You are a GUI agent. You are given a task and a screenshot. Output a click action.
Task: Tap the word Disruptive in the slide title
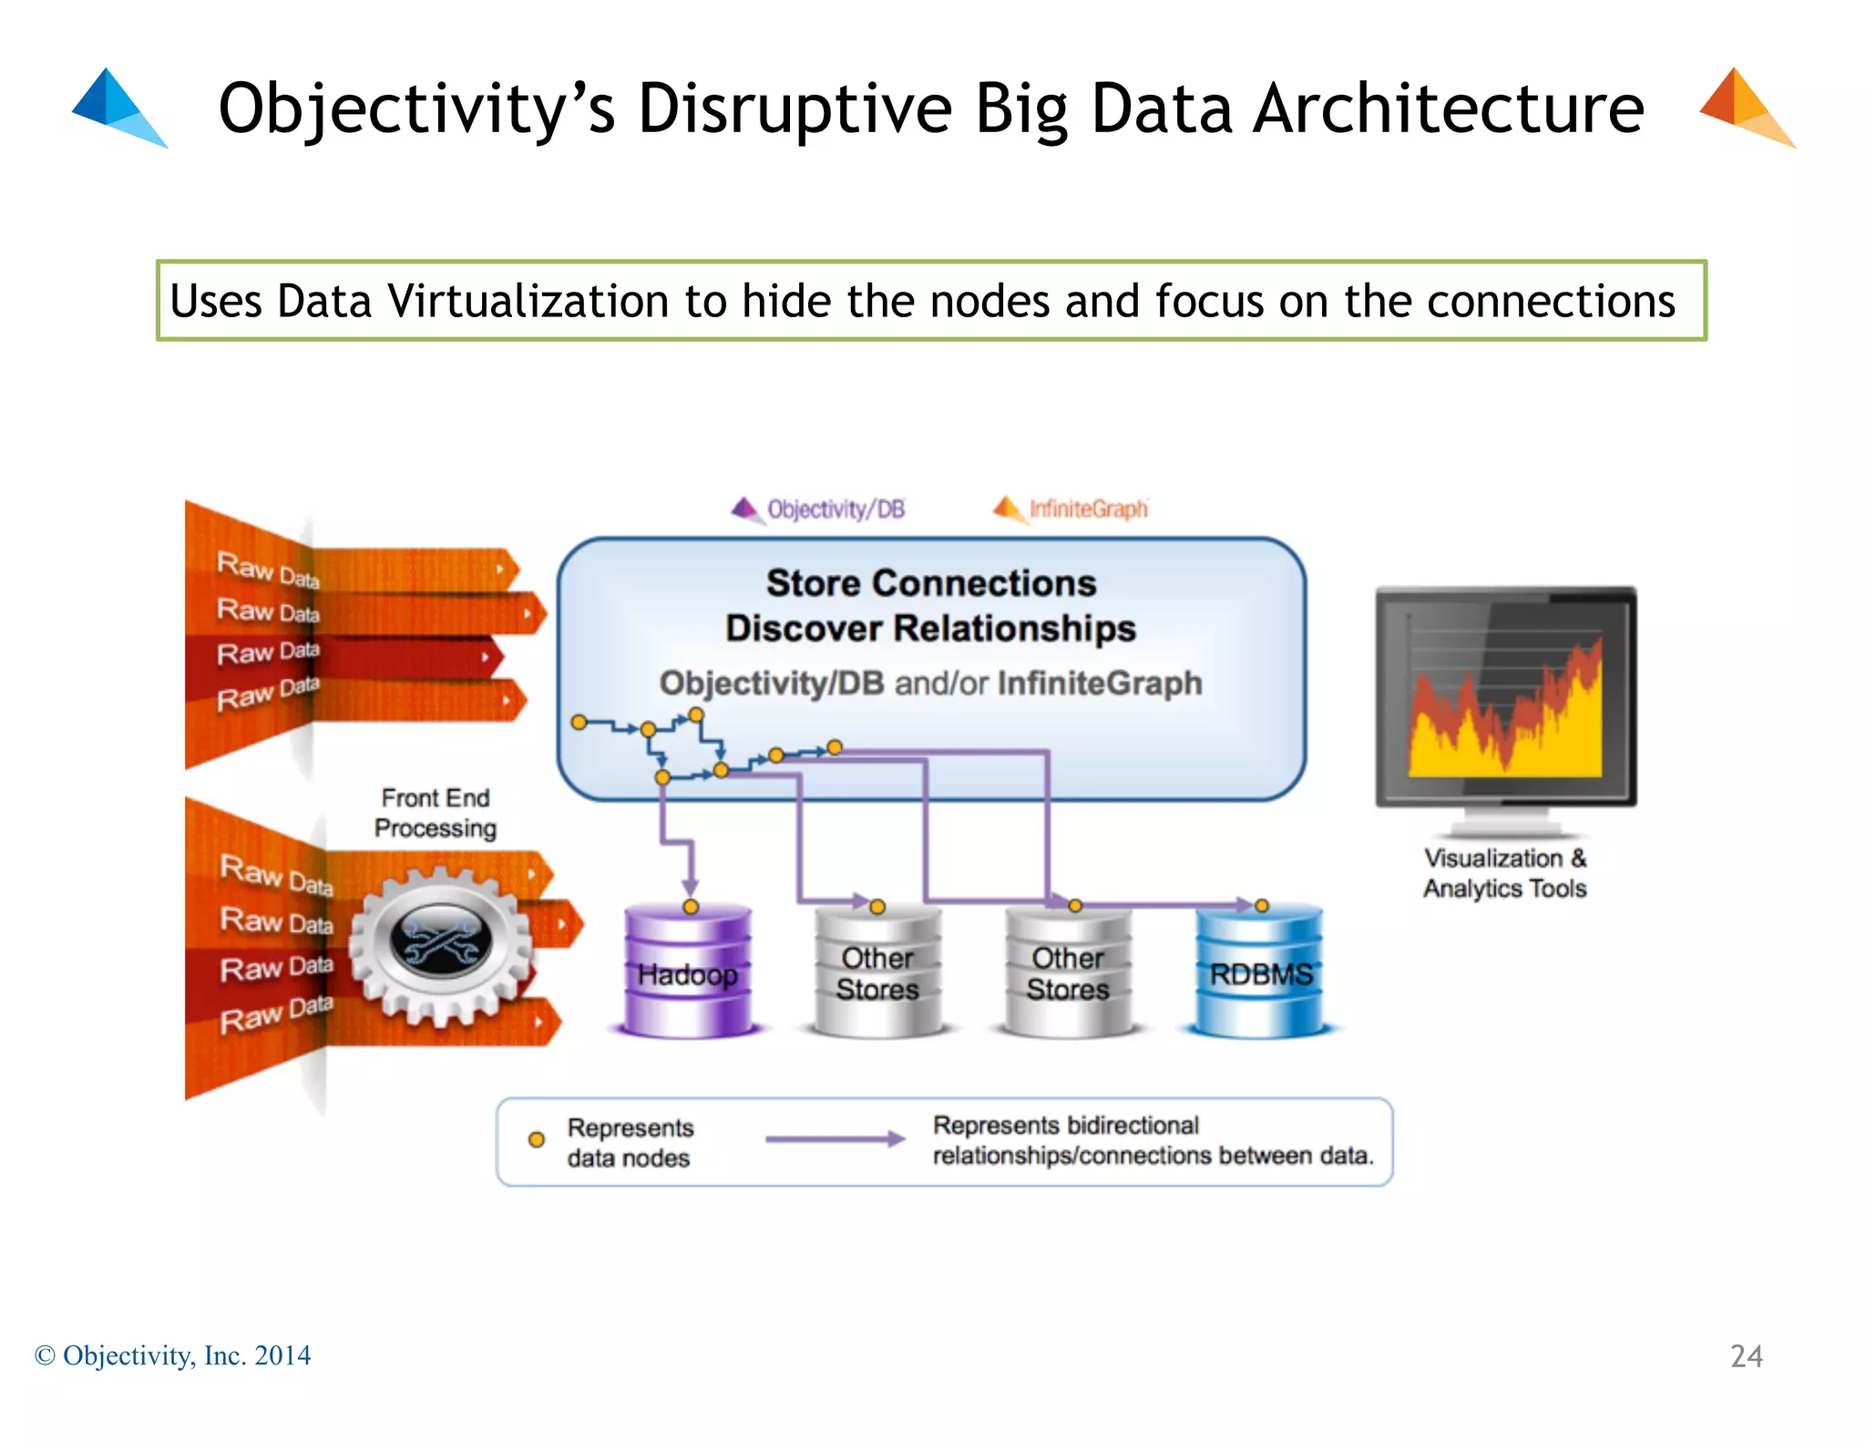tap(794, 109)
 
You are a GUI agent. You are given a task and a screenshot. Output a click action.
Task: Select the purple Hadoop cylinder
tap(688, 973)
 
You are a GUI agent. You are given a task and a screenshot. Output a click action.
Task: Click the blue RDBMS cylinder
tap(1260, 973)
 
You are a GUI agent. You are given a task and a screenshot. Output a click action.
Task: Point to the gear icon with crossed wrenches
tap(441, 943)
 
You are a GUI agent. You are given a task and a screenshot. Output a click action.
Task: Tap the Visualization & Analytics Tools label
tap(1504, 872)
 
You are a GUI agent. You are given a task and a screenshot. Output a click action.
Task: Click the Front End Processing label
tap(436, 812)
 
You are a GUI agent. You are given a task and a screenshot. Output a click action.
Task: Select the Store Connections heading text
tap(930, 583)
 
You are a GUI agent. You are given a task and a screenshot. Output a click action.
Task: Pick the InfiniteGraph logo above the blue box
tap(1071, 509)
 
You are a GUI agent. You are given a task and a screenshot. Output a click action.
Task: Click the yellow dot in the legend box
tap(537, 1139)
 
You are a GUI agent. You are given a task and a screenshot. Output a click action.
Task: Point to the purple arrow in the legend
tap(834, 1138)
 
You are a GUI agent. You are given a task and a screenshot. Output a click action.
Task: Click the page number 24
tap(1746, 1355)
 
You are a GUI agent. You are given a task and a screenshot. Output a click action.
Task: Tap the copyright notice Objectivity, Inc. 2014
tap(173, 1355)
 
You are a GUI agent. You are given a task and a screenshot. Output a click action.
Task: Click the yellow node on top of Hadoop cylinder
tap(691, 907)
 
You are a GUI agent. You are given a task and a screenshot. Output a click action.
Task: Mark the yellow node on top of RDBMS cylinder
tap(1261, 905)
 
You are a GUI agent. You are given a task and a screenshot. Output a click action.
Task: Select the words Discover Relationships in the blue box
tap(930, 629)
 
